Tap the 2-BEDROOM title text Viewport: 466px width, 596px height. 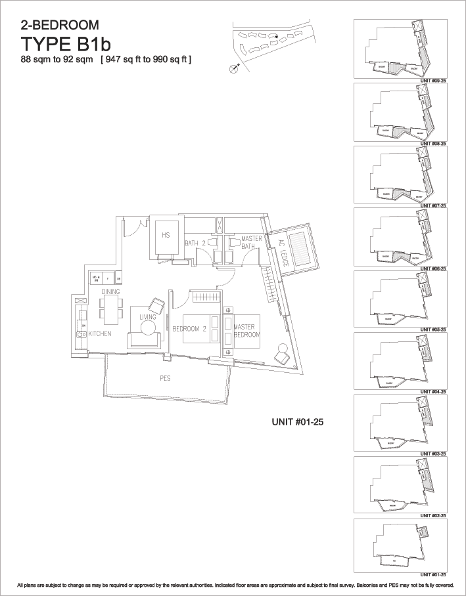point(60,26)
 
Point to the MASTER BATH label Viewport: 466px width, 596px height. point(252,242)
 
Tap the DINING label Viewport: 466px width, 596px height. point(110,291)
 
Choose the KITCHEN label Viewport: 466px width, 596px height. point(99,334)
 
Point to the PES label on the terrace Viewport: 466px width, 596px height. point(165,379)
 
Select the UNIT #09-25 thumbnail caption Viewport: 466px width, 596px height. point(434,79)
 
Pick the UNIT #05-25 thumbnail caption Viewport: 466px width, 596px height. point(434,329)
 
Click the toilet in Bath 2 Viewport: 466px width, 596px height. point(212,242)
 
